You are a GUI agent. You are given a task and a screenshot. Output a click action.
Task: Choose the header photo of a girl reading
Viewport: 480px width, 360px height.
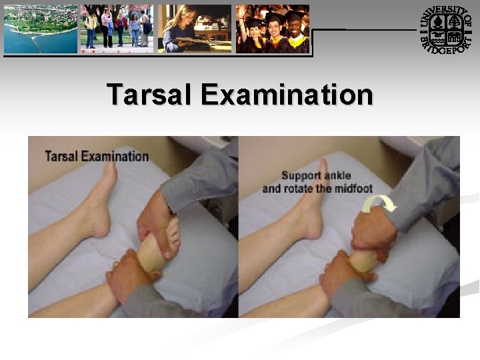click(194, 29)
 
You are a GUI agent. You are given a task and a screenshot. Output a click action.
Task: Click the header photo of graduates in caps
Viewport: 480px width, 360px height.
click(273, 29)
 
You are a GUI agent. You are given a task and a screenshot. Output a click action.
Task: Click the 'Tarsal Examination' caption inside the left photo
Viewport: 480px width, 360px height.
click(97, 156)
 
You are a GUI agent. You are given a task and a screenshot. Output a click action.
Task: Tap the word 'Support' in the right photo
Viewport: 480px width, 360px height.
click(301, 176)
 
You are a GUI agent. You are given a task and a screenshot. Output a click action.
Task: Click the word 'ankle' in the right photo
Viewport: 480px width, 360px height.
click(337, 176)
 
